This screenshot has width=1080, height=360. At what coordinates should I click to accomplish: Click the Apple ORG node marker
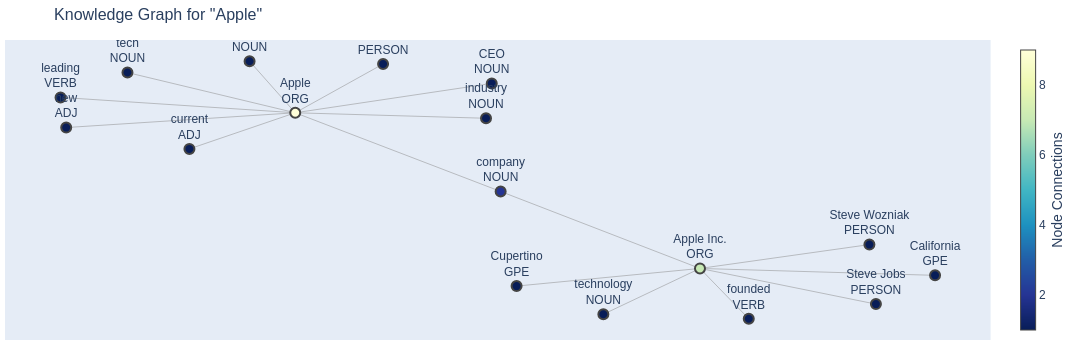pyautogui.click(x=295, y=113)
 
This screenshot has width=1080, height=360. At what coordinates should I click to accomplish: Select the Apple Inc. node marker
pyautogui.click(x=700, y=268)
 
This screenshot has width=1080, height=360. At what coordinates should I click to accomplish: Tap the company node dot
pyautogui.click(x=500, y=192)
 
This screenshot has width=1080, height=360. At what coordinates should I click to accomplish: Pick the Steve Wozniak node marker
pyautogui.click(x=869, y=245)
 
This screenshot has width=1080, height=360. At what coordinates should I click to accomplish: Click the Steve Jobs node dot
pyautogui.click(x=876, y=304)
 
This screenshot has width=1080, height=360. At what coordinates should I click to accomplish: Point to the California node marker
pyautogui.click(x=935, y=275)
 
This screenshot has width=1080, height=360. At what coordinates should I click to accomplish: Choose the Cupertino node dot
pyautogui.click(x=516, y=286)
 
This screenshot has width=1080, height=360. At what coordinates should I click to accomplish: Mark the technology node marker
pyautogui.click(x=603, y=314)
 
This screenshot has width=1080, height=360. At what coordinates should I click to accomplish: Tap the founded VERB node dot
pyautogui.click(x=748, y=319)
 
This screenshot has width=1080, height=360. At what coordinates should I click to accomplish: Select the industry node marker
pyautogui.click(x=486, y=118)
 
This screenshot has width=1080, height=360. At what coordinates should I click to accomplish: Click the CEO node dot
pyautogui.click(x=492, y=84)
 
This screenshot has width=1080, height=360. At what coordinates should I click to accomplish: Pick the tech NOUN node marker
pyautogui.click(x=127, y=72)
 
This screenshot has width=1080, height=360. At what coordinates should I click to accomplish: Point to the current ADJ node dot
pyautogui.click(x=189, y=149)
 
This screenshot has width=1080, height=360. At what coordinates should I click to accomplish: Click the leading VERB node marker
pyautogui.click(x=60, y=98)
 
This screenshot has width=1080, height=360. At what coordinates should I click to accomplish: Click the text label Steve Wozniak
pyautogui.click(x=869, y=215)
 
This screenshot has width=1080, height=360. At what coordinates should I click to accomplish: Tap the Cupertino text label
pyautogui.click(x=516, y=256)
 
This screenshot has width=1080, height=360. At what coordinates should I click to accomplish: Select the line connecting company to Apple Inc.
pyautogui.click(x=600, y=230)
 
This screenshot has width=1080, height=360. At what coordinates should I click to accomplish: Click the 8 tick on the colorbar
pyautogui.click(x=1042, y=85)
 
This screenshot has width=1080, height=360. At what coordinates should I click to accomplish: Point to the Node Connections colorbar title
pyautogui.click(x=1058, y=190)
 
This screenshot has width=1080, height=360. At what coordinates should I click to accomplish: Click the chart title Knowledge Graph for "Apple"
pyautogui.click(x=158, y=15)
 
